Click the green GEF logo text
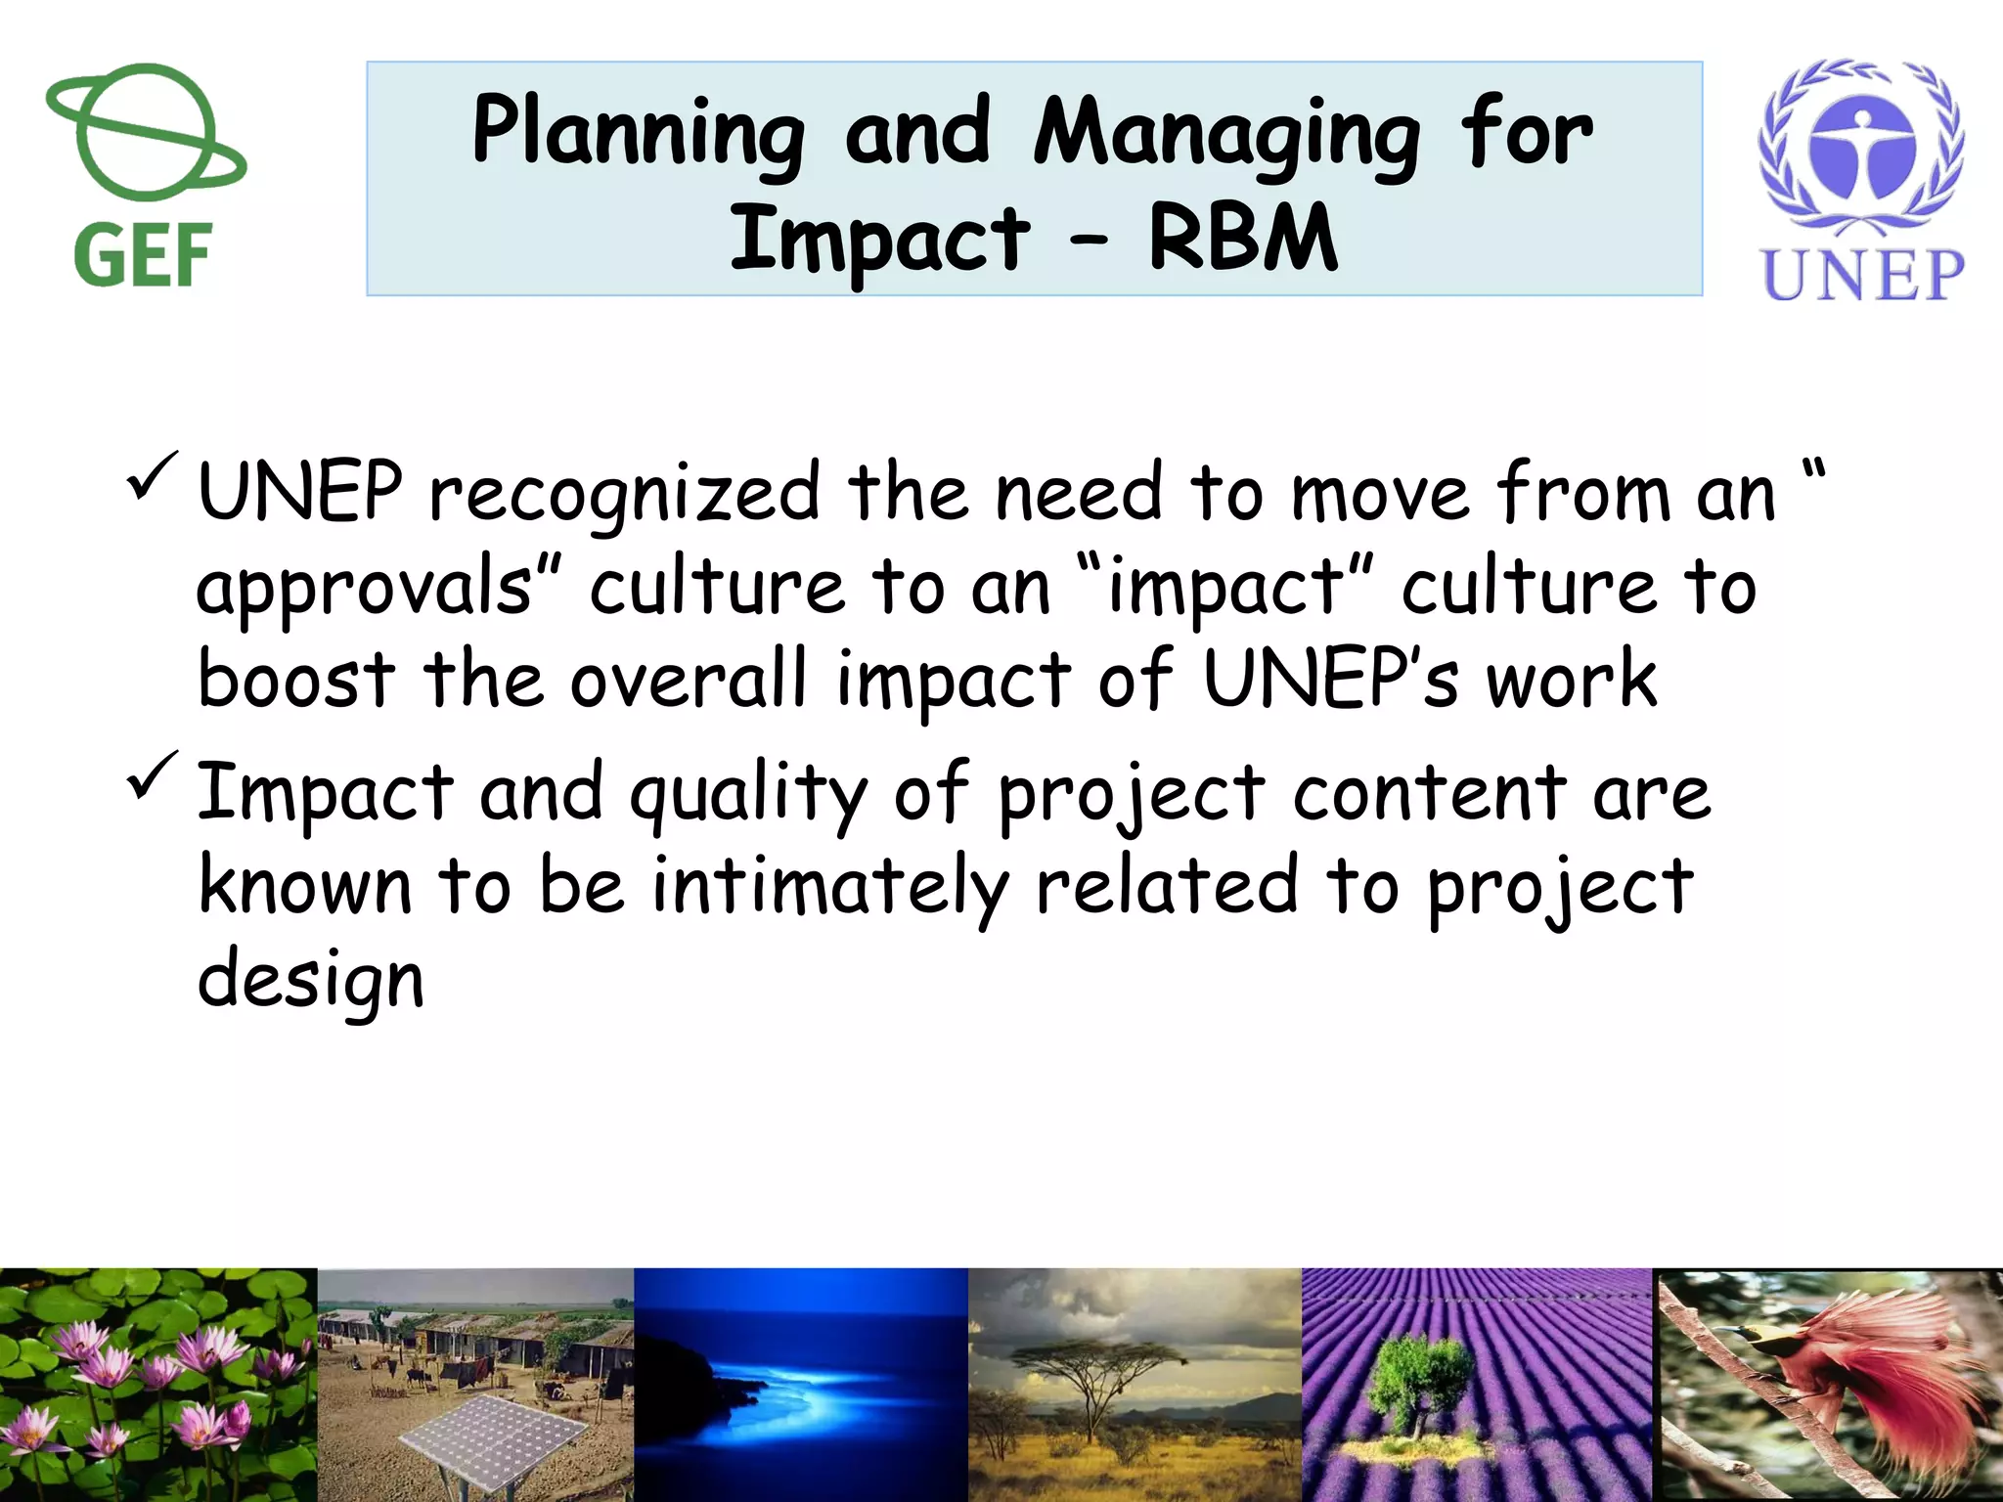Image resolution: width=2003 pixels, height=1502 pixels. point(143,255)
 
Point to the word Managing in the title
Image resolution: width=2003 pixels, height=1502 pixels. point(1226,134)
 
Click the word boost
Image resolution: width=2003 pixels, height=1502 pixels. point(296,680)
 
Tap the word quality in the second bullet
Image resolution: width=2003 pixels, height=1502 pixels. point(748,794)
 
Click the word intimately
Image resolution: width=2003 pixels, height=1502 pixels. point(829,886)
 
